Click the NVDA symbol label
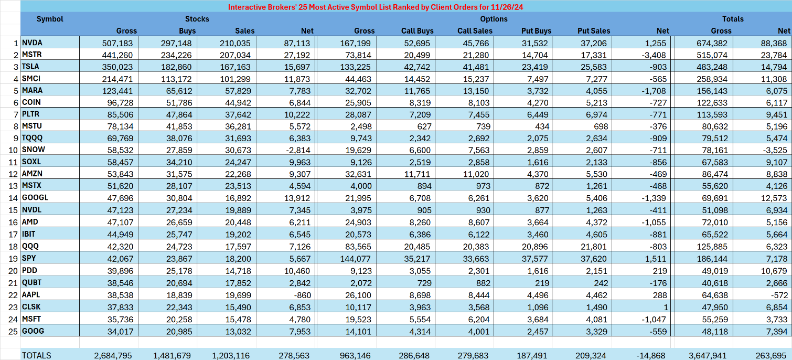pos(32,43)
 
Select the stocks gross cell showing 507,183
pos(117,43)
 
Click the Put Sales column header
pos(594,31)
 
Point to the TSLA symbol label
pos(31,67)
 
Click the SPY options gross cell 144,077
pos(356,258)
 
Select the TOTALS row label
pos(37,355)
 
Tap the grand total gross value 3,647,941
pos(710,355)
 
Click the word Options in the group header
pos(494,19)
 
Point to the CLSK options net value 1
pos(667,306)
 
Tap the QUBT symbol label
pos(31,282)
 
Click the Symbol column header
pos(50,19)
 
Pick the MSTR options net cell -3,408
pos(656,55)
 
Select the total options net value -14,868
pos(653,355)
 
